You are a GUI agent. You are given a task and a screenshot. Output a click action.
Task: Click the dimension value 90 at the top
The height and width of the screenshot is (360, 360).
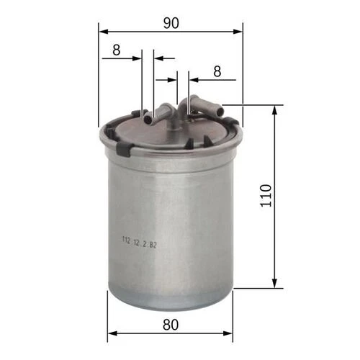tap(171, 23)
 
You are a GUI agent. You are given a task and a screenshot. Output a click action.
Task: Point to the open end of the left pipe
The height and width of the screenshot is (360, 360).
tap(148, 119)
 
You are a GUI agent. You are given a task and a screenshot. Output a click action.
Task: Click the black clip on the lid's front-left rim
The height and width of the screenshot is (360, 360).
tap(124, 149)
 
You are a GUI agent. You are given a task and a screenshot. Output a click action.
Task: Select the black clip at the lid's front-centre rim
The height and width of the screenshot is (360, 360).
tap(189, 143)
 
